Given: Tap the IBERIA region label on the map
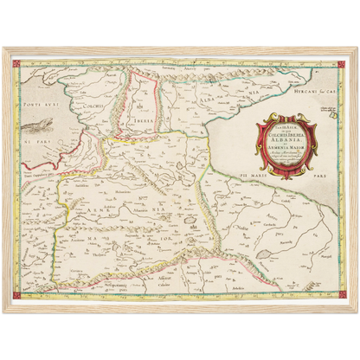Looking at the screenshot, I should click(145, 119).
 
